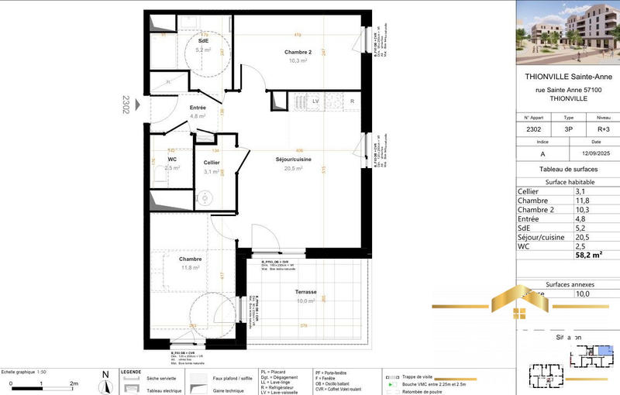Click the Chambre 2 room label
[298, 53]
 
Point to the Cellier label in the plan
[212, 163]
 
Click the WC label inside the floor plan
[172, 158]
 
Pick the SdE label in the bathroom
[203, 40]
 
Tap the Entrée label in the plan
[198, 108]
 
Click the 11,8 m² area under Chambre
[191, 268]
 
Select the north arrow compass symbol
[105, 382]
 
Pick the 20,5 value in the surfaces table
[583, 237]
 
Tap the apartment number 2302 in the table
[533, 129]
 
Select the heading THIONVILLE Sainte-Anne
[569, 77]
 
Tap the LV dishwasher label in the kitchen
[315, 101]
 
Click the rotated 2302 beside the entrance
[125, 104]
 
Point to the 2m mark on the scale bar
[74, 383]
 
